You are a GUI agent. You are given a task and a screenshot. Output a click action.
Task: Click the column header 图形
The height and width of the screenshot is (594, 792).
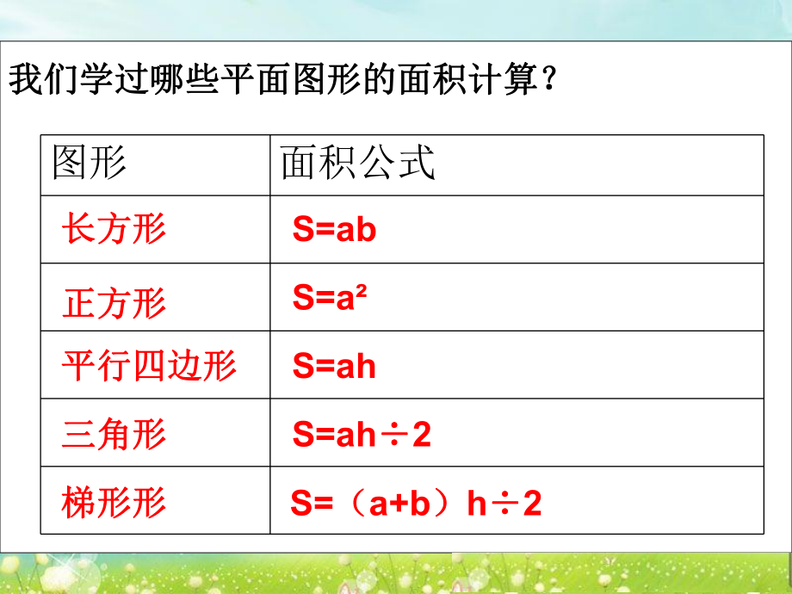point(89,163)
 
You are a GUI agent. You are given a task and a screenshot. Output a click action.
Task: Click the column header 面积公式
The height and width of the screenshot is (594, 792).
point(358,163)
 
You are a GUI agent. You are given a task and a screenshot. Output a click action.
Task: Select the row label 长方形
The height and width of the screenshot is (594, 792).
point(114,229)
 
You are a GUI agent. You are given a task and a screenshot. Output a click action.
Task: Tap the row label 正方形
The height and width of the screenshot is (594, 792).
point(114,303)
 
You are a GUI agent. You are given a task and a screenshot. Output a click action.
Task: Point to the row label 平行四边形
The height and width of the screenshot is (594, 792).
point(149,367)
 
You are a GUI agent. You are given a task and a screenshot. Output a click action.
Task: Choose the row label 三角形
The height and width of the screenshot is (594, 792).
point(114,434)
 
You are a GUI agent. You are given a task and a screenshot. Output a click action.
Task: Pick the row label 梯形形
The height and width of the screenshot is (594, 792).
point(114,502)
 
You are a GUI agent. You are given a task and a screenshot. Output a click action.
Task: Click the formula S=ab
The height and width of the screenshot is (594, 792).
point(334,230)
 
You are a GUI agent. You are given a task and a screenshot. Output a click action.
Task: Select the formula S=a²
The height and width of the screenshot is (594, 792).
point(324,297)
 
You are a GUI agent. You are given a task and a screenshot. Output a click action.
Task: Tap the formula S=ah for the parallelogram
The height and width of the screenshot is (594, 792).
point(334,367)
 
